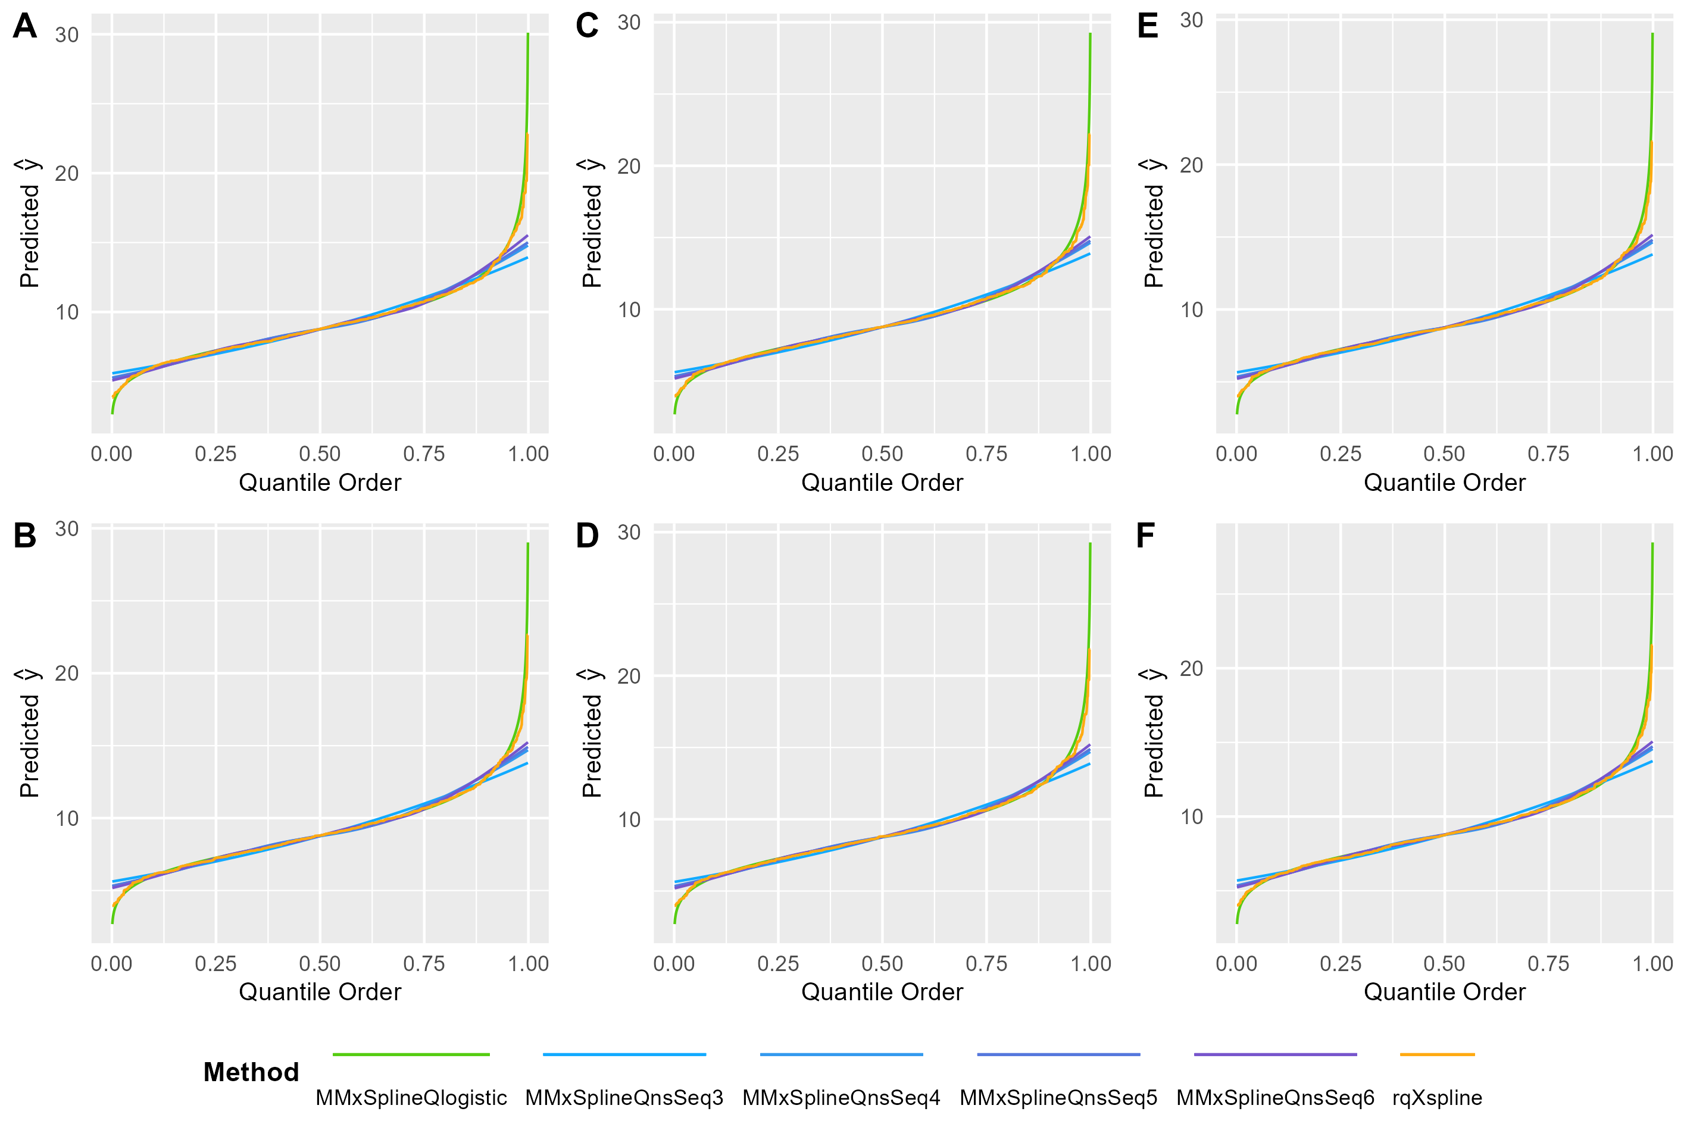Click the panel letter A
(x=25, y=27)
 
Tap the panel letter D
(x=587, y=536)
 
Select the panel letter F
(x=1146, y=536)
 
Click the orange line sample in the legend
(x=1437, y=1054)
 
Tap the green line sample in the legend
(x=411, y=1054)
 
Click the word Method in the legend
(x=251, y=1072)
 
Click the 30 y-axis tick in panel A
(x=67, y=35)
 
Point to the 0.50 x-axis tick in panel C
(x=882, y=454)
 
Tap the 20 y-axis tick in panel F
(x=1191, y=669)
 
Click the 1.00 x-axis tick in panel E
(x=1652, y=454)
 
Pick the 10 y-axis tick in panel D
(x=629, y=819)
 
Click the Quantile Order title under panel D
(x=882, y=991)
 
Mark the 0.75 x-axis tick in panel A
(x=424, y=454)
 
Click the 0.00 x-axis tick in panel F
(x=1236, y=963)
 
